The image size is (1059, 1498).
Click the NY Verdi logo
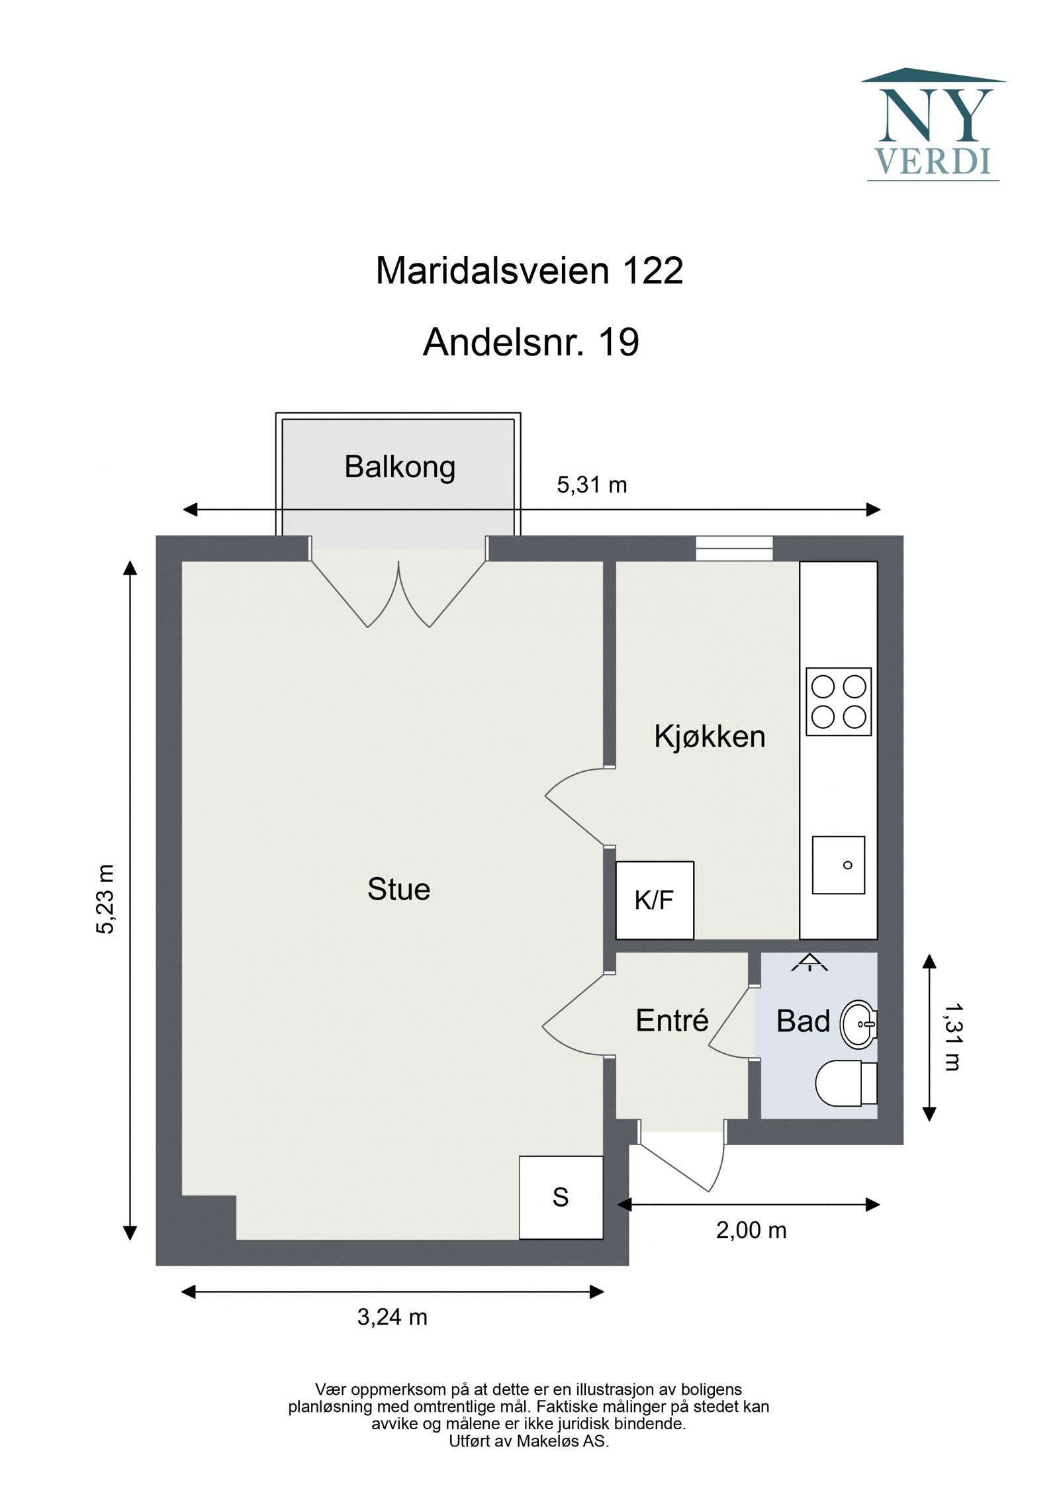coord(933,125)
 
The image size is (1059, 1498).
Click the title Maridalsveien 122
coord(529,271)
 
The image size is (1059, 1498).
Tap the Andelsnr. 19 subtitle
coord(531,342)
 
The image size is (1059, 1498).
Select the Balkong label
coord(400,467)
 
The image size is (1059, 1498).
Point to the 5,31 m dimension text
coord(591,485)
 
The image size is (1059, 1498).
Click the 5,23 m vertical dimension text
coord(106,899)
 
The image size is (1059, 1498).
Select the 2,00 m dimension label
coord(751,1230)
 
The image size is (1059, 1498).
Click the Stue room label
coord(398,889)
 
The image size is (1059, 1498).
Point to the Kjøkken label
coord(710,736)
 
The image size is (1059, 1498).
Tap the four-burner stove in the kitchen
coord(839,702)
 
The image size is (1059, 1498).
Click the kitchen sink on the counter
coord(838,865)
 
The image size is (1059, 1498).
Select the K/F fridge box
coord(654,900)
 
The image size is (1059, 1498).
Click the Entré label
coord(672,1021)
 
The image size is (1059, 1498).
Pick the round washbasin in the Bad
coord(858,1024)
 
